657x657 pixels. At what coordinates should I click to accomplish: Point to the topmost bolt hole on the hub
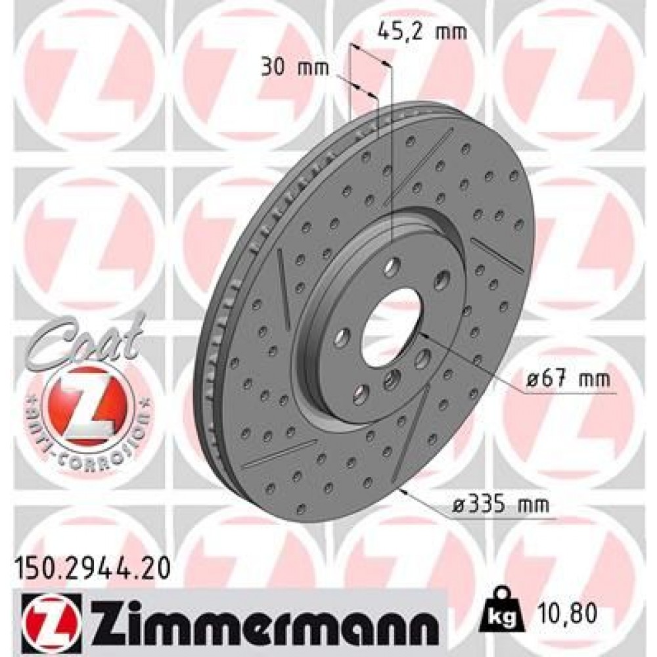coord(392,267)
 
